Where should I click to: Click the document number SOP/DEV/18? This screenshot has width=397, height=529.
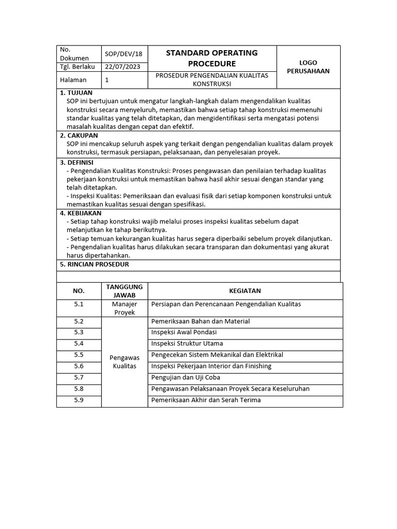click(x=124, y=54)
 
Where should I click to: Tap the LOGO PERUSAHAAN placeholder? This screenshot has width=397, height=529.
click(x=308, y=67)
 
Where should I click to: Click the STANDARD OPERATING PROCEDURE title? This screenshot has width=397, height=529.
click(x=211, y=58)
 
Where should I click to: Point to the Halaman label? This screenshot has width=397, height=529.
click(x=73, y=80)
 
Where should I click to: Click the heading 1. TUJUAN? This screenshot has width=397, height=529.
click(x=77, y=93)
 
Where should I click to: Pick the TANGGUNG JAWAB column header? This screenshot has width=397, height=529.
click(x=125, y=291)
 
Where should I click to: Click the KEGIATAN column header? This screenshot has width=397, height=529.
click(x=245, y=291)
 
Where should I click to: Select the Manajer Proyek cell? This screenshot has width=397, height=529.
click(x=125, y=308)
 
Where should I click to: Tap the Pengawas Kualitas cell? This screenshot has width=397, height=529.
click(x=125, y=362)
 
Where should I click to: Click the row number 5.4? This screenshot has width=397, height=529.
click(x=79, y=344)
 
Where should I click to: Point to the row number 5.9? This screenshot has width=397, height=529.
click(x=79, y=400)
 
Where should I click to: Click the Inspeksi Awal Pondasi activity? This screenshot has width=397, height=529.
click(x=184, y=332)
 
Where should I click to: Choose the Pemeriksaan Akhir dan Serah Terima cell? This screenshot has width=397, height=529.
click(x=206, y=400)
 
